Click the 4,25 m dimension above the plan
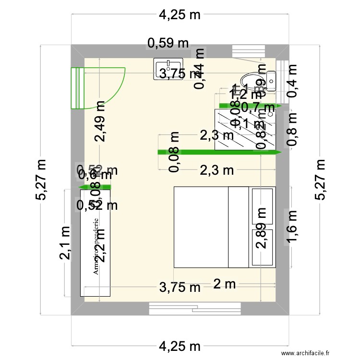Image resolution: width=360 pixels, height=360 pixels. pyautogui.click(x=180, y=15)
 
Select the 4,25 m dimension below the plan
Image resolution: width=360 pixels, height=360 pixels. pyautogui.click(x=180, y=346)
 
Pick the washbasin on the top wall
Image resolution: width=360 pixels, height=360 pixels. pyautogui.click(x=168, y=69)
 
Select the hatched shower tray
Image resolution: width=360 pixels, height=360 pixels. pyautogui.click(x=246, y=130)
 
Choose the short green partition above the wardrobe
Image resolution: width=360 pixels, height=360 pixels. pyautogui.click(x=95, y=187)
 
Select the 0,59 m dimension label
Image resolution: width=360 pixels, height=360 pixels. pyautogui.click(x=168, y=43)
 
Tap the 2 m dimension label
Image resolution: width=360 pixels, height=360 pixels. pyautogui.click(x=224, y=284)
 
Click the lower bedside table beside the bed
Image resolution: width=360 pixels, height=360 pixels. pyautogui.click(x=263, y=248)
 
